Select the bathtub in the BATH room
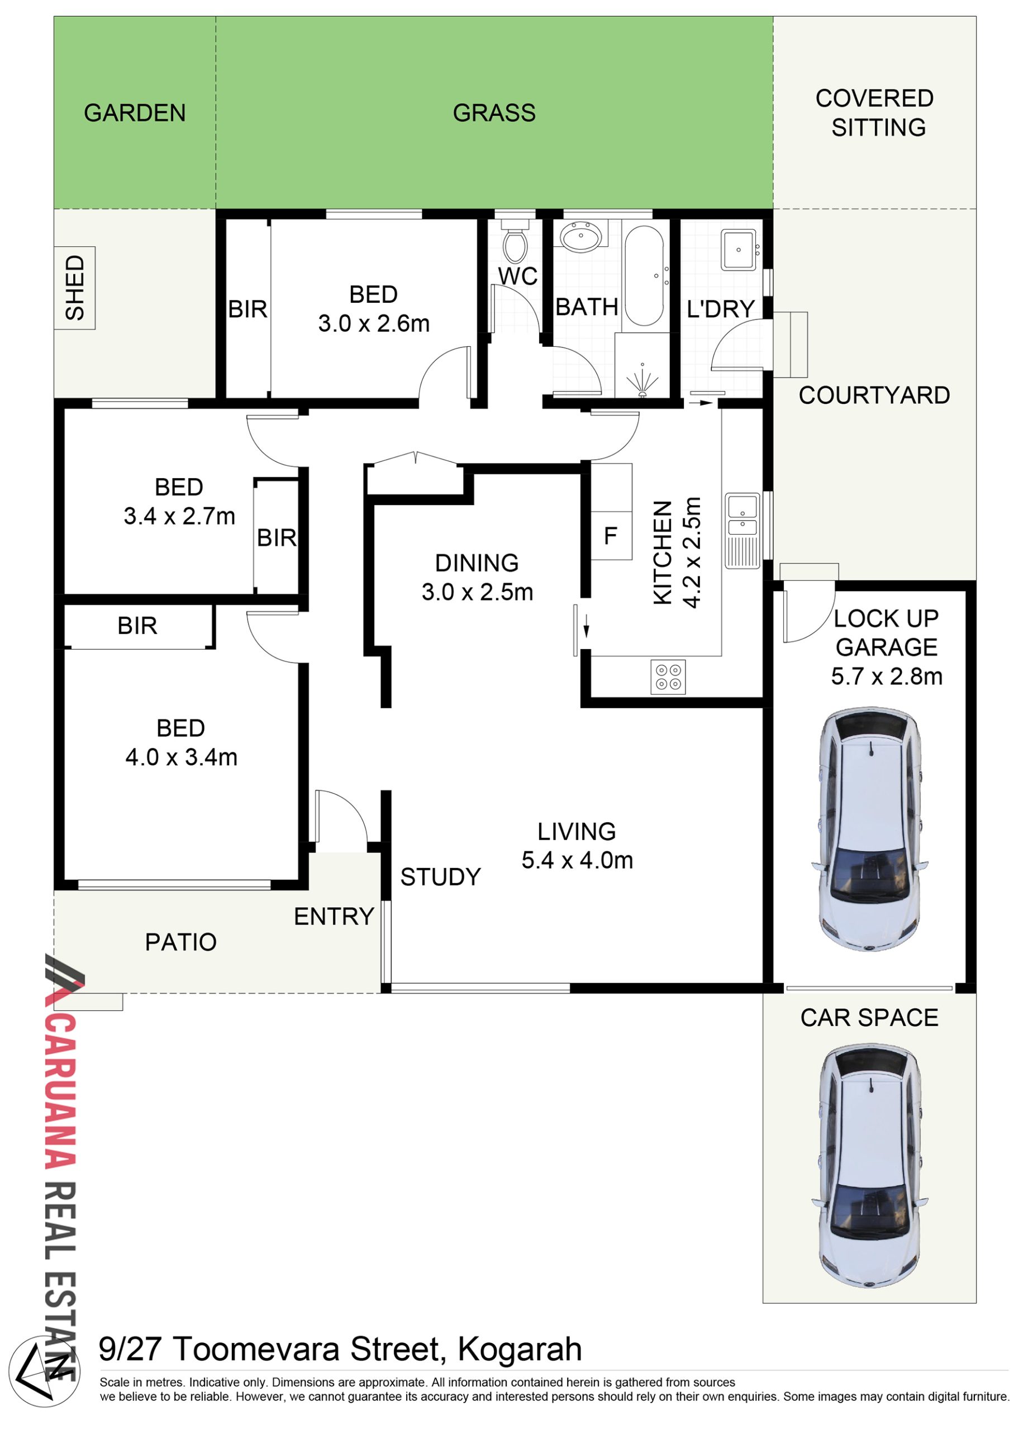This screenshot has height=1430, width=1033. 644,275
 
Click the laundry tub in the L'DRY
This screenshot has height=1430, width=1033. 739,250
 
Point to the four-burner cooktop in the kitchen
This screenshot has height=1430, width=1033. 668,677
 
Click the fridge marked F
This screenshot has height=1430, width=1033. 611,535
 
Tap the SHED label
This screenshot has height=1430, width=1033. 74,288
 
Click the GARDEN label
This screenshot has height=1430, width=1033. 135,113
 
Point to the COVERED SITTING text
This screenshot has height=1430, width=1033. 875,113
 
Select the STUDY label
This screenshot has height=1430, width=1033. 441,877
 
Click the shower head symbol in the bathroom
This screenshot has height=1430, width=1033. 642,381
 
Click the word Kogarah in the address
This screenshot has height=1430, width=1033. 520,1348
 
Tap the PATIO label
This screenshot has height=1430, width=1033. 181,942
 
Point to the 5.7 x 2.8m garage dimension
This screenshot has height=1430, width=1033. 887,676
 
